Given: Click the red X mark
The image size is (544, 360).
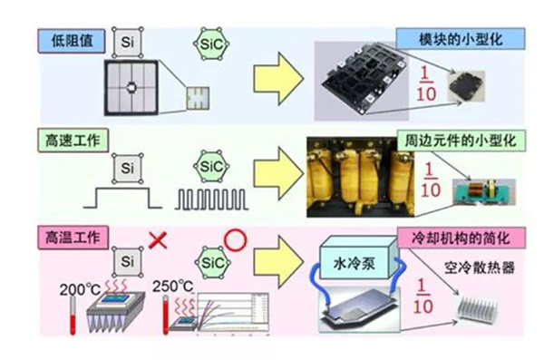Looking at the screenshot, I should (159, 240).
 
